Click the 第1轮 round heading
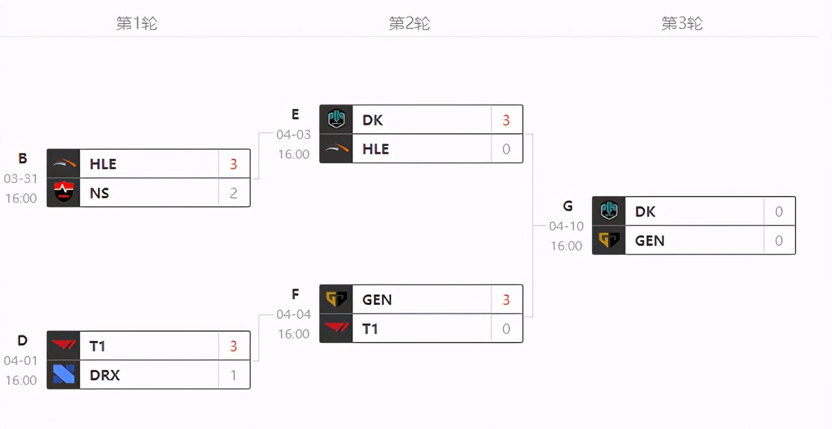(137, 24)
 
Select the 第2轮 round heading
(410, 24)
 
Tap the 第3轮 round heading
(682, 24)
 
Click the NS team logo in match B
(63, 192)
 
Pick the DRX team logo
(63, 375)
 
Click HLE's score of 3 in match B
(233, 164)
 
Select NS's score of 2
(233, 193)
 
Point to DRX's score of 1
(233, 375)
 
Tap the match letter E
(295, 114)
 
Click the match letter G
(568, 206)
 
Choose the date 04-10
(566, 226)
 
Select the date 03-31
(20, 179)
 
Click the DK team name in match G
(645, 211)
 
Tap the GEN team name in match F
(377, 300)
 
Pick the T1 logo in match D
(63, 345)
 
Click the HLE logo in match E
(336, 149)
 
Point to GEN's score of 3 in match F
(506, 300)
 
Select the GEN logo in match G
(609, 240)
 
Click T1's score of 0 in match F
(506, 328)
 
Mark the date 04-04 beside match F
(294, 314)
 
